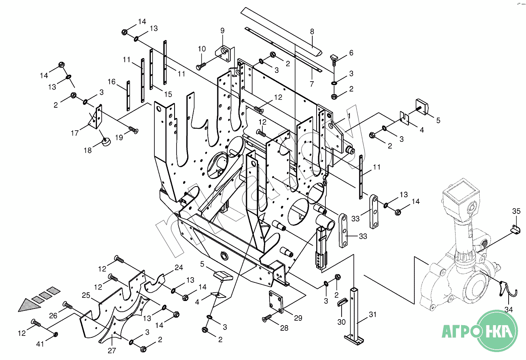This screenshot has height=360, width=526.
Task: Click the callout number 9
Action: [x=222, y=31]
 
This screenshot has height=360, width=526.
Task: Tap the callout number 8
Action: [x=312, y=32]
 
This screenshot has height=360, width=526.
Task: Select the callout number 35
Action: [x=516, y=211]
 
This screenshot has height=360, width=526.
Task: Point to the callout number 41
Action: [x=40, y=344]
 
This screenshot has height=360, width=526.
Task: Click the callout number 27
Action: [x=112, y=350]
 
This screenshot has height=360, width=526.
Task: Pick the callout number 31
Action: [x=373, y=314]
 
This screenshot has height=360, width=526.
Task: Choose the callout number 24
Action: [x=179, y=267]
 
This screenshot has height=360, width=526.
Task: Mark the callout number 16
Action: [x=112, y=82]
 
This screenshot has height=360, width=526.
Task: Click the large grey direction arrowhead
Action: [x=29, y=305]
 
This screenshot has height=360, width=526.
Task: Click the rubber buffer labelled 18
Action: [x=106, y=142]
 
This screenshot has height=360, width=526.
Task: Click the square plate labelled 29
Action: [x=276, y=302]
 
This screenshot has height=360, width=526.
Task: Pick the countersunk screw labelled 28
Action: [x=267, y=318]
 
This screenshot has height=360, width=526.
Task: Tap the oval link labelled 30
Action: [x=343, y=302]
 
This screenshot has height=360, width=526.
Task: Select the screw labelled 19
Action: [x=133, y=130]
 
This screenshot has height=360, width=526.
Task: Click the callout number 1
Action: [x=349, y=116]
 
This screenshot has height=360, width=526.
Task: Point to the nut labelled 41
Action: [x=56, y=334]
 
